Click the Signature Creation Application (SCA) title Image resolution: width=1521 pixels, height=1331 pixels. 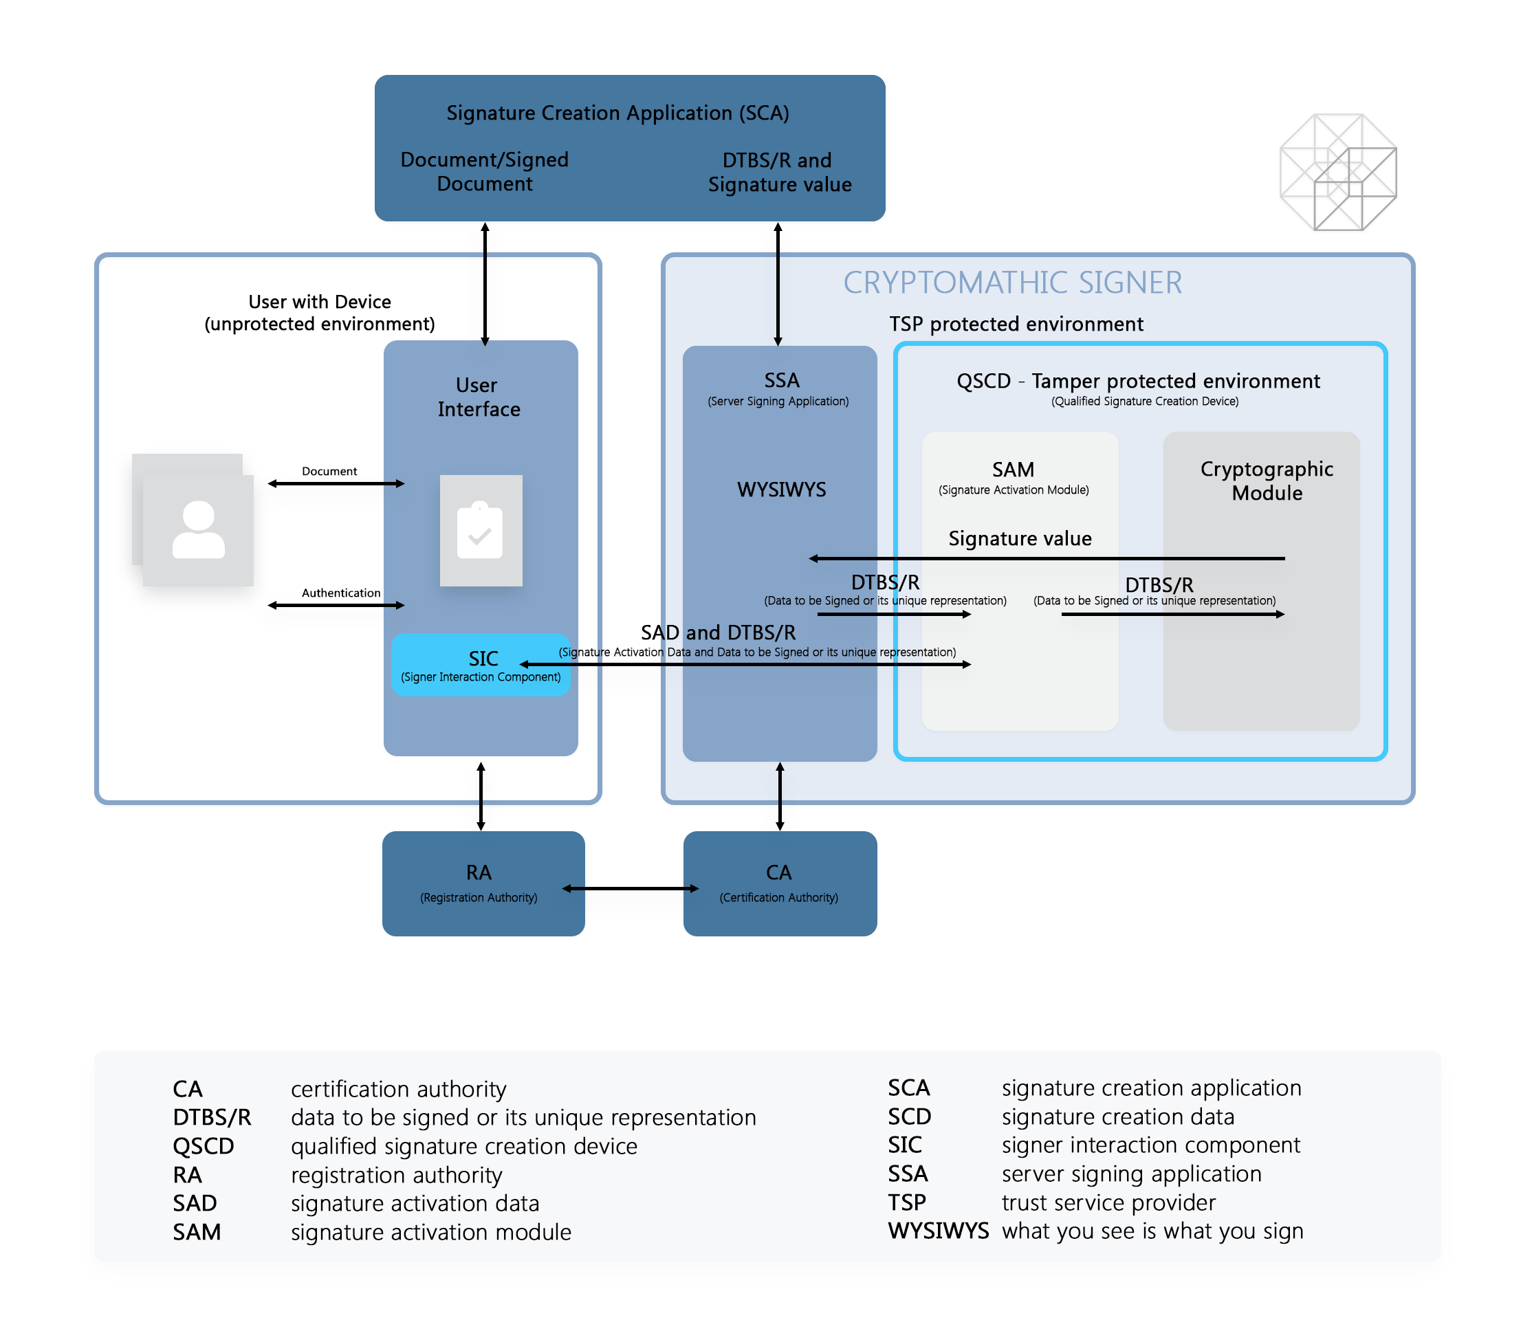617,113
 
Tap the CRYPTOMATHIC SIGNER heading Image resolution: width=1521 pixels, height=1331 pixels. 1011,283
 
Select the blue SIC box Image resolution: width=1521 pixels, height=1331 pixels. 480,665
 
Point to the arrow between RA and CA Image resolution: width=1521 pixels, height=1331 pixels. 630,888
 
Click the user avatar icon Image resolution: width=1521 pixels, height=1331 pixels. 198,529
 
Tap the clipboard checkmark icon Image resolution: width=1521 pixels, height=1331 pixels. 481,530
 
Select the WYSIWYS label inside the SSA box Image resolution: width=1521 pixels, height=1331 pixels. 780,489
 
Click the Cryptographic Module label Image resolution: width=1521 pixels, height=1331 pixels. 1267,481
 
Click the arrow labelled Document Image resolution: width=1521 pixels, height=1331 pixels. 336,483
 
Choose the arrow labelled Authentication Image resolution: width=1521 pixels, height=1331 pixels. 336,605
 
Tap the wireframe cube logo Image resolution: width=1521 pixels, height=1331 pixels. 1338,172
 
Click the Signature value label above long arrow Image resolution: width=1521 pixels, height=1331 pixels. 1019,538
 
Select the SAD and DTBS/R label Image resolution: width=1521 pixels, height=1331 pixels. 717,632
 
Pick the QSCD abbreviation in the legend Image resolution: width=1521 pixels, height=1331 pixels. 203,1146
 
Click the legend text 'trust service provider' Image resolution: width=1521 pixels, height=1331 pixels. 1107,1202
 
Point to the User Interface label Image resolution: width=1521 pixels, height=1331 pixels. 479,397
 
